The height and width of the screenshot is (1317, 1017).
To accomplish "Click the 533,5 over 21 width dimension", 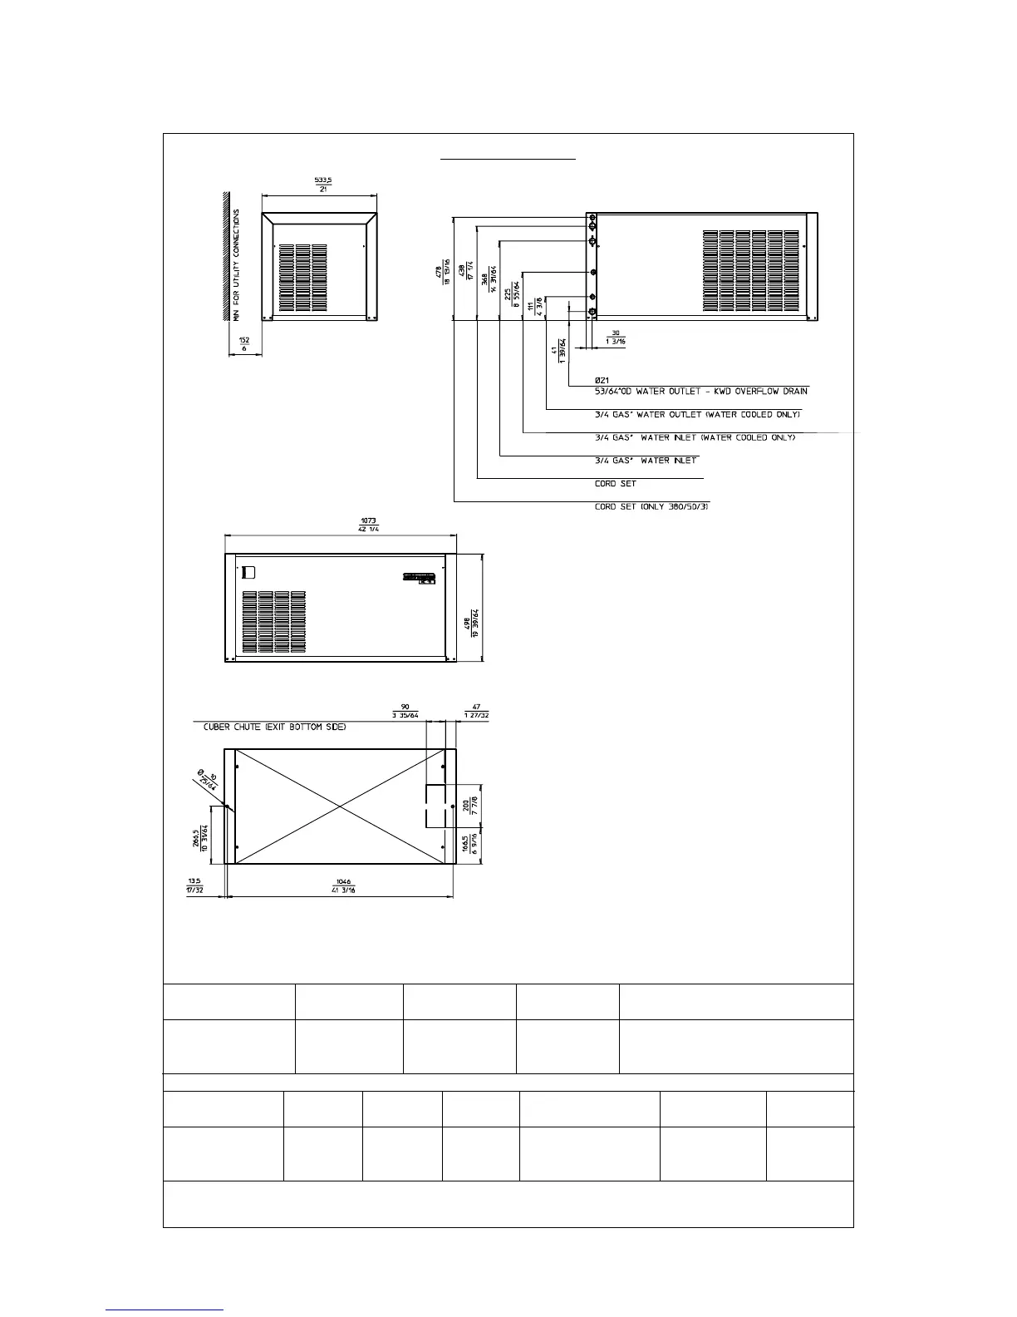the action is point(319,183).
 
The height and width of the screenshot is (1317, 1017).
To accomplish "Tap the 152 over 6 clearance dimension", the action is point(244,345).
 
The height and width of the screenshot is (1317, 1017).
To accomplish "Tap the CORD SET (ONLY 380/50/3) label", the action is point(651,506).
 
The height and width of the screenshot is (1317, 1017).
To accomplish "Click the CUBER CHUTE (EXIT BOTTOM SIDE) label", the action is point(275,727).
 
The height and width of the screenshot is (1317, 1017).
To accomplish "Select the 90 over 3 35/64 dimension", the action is point(405,711).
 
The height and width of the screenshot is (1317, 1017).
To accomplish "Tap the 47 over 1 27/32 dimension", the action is point(476,711).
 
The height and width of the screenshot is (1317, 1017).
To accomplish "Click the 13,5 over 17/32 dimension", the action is point(194,885).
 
